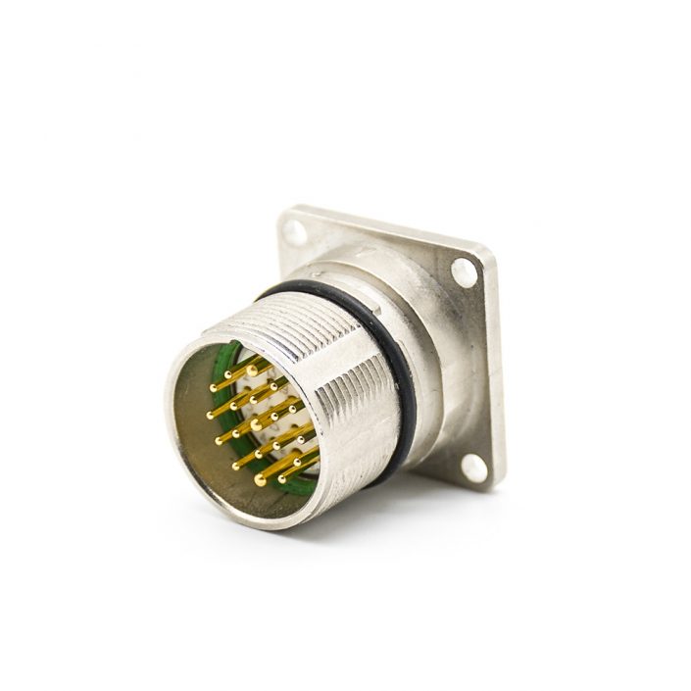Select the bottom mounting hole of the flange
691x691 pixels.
475,468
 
